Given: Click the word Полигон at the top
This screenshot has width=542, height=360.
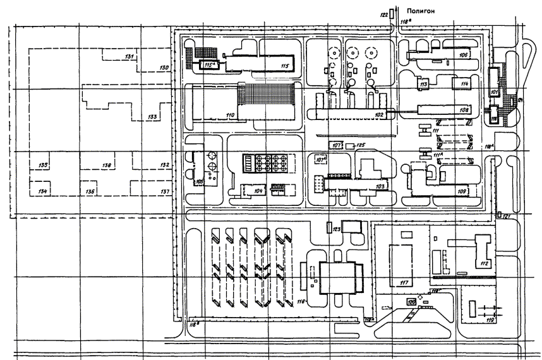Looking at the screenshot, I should tap(421, 11).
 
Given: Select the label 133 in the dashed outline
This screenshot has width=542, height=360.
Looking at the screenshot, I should tap(152, 117).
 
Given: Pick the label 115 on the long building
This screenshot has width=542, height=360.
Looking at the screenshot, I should tap(284, 65).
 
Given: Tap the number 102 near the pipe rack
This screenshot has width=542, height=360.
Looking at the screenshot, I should tap(379, 114).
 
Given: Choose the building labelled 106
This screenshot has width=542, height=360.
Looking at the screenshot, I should tap(463, 56).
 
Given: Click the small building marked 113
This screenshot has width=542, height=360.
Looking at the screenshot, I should tap(424, 84).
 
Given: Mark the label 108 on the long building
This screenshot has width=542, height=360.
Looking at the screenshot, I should tap(464, 110).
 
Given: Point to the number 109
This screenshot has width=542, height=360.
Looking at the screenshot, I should tap(461, 191).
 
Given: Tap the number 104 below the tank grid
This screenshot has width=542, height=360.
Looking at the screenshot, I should tap(258, 190).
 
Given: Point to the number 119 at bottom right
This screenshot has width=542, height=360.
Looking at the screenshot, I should tap(490, 321).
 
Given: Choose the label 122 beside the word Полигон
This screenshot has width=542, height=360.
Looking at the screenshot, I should tap(383, 13).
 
